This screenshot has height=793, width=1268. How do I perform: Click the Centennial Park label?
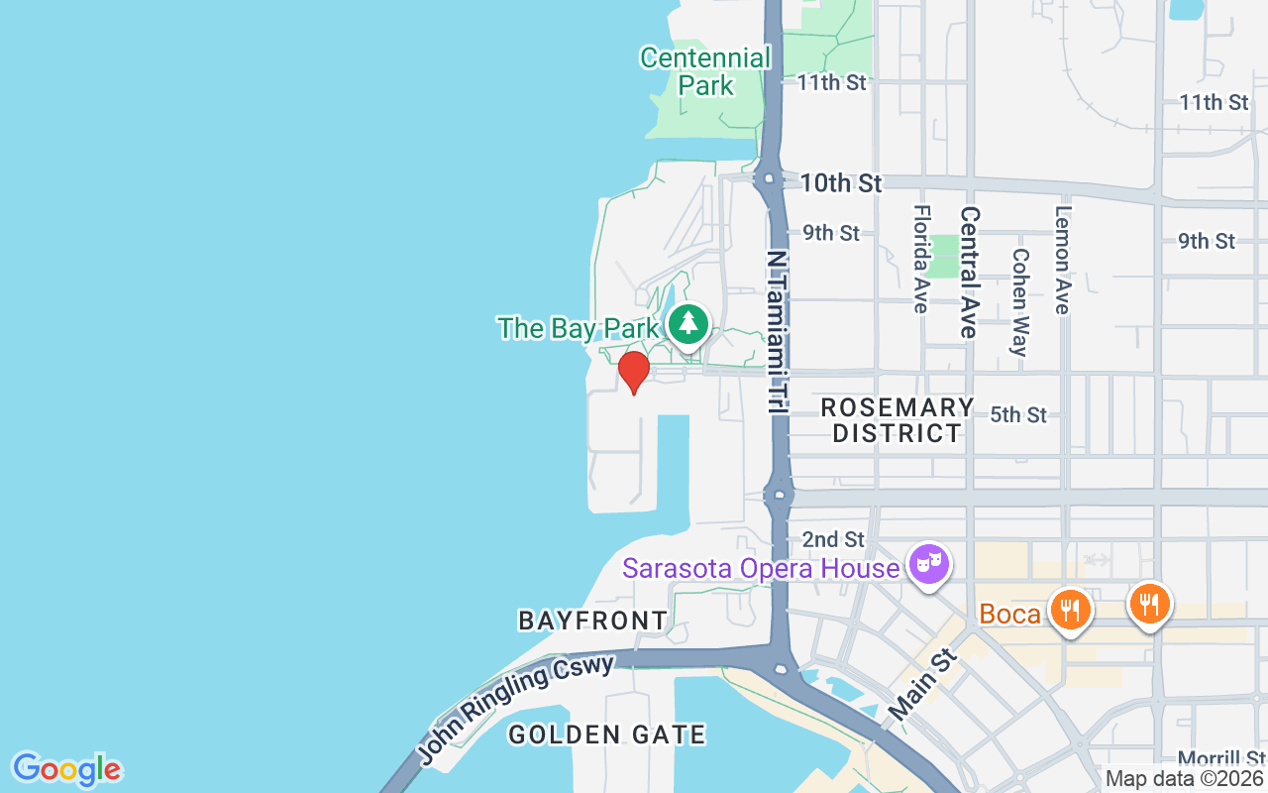(704, 71)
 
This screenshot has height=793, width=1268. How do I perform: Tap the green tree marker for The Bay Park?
(687, 323)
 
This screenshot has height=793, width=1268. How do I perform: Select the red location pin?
(633, 372)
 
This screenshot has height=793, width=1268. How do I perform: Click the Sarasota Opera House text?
(762, 568)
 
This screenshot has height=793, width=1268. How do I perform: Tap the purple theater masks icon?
(930, 564)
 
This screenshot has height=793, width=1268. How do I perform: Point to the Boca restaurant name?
(1010, 614)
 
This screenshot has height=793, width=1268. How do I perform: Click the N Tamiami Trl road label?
(777, 330)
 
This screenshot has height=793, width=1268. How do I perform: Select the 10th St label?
(841, 183)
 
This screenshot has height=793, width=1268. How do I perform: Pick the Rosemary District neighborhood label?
(898, 420)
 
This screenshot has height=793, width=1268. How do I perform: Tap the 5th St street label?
(1018, 414)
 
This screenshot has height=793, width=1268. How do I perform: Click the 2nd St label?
(833, 539)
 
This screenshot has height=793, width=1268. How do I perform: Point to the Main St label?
(923, 685)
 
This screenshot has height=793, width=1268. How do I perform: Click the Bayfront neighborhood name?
(593, 621)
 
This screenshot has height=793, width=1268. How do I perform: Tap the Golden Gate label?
(606, 735)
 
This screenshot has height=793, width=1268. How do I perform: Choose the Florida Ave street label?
(921, 259)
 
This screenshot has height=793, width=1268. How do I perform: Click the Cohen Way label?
(1018, 300)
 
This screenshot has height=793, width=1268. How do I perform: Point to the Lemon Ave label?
(1063, 259)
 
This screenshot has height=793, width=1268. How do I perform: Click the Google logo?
(66, 769)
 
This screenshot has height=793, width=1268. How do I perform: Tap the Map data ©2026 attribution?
(1184, 779)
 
